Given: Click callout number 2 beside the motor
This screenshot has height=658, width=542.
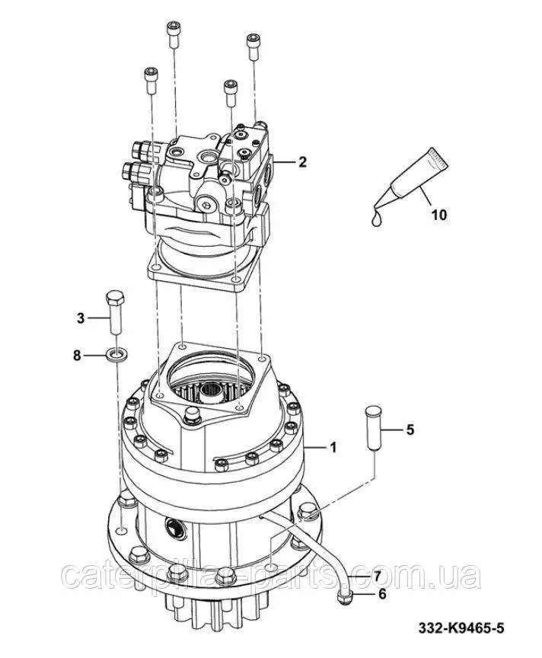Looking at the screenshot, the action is point(302,161).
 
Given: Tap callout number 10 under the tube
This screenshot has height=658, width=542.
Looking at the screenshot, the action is point(439,215).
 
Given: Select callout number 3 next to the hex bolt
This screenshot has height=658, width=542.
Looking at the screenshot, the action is point(81,318).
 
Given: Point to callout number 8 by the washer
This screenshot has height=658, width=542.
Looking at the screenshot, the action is point(77,356).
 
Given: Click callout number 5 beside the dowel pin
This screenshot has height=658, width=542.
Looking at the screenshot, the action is point(410,430).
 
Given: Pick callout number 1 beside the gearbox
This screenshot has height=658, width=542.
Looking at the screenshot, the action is point(333,448).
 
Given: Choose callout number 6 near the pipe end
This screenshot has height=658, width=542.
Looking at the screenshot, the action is point(381,594).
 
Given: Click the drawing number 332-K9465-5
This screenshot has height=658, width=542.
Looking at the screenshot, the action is point(461,628).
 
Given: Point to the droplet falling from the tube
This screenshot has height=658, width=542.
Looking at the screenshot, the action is point(377,219).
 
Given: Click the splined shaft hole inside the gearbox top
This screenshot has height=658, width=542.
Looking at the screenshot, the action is point(211,392).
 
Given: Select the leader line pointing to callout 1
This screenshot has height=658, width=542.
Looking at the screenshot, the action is point(315,448).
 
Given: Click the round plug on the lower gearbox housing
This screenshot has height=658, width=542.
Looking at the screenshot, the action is point(175,527).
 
